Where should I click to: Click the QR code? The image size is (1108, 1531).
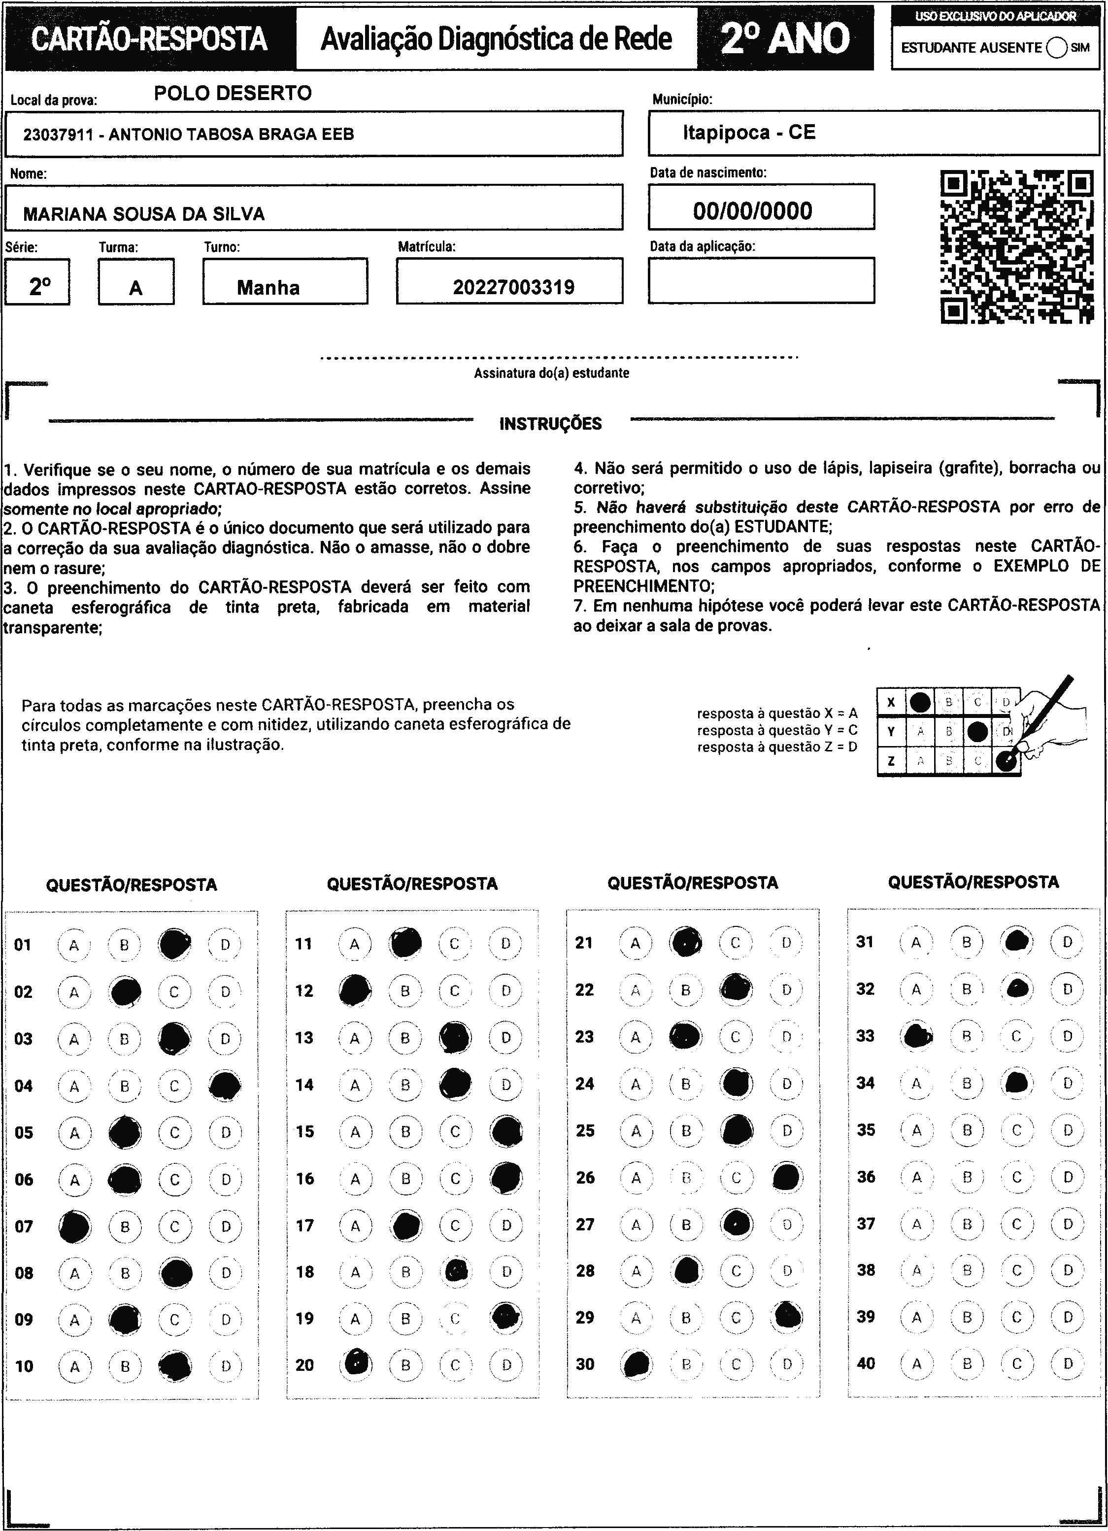(1016, 247)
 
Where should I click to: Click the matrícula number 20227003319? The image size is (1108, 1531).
(513, 288)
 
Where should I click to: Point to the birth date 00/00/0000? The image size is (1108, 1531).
(752, 210)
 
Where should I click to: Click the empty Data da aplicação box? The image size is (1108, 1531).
(761, 280)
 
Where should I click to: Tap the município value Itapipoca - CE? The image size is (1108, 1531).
(749, 133)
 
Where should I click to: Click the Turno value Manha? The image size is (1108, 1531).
(268, 288)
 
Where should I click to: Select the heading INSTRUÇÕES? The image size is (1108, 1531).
(550, 424)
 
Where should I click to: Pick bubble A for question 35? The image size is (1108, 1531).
(916, 1130)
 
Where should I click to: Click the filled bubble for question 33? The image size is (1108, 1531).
(916, 1035)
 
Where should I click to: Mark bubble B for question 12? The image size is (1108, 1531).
(405, 991)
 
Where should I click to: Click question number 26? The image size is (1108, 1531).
(585, 1177)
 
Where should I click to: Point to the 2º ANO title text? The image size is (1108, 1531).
(785, 38)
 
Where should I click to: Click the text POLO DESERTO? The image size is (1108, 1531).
(233, 93)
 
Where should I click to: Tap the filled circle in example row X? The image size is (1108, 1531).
(920, 703)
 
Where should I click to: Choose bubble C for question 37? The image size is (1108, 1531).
(1017, 1223)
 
